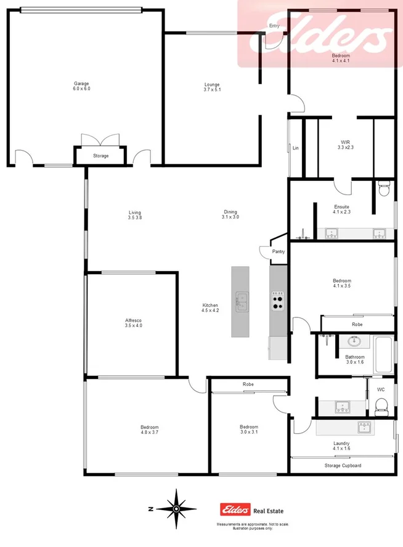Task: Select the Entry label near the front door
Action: click(x=274, y=26)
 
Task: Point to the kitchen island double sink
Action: click(x=240, y=301)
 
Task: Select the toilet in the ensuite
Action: click(x=383, y=188)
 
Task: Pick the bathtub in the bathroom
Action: click(x=383, y=355)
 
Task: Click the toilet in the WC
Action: click(x=381, y=405)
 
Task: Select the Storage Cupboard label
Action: click(x=343, y=466)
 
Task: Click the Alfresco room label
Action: click(x=134, y=323)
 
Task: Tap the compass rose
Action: click(x=176, y=508)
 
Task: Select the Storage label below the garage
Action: click(x=100, y=156)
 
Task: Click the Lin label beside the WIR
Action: click(x=296, y=148)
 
